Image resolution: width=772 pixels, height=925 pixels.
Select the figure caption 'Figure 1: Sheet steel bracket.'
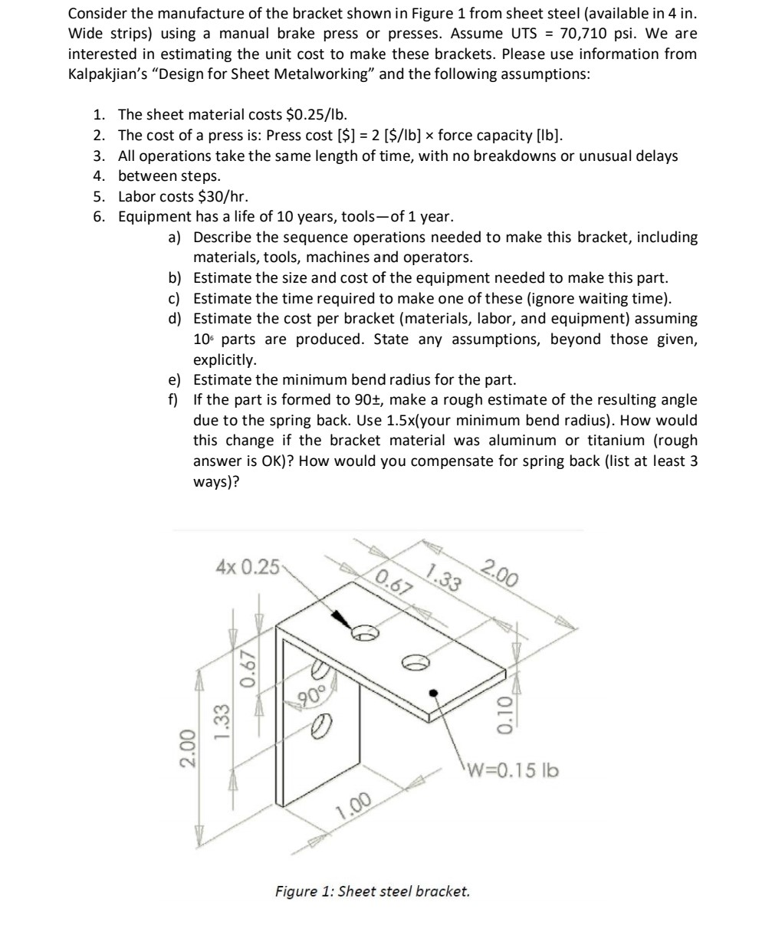(372, 891)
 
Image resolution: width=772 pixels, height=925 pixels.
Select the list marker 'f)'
(174, 400)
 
